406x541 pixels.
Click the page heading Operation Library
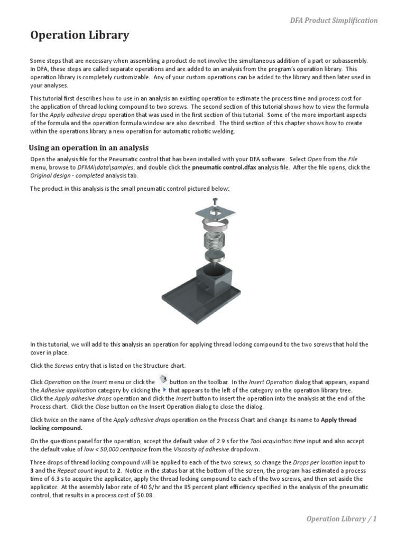coord(79,36)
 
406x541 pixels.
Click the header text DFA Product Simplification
coord(334,21)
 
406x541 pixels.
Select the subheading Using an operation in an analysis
coord(88,148)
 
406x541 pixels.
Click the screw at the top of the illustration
coord(215,201)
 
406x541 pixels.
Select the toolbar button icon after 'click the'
coord(163,380)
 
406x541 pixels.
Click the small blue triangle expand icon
coord(164,390)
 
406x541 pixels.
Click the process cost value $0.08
coord(144,496)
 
